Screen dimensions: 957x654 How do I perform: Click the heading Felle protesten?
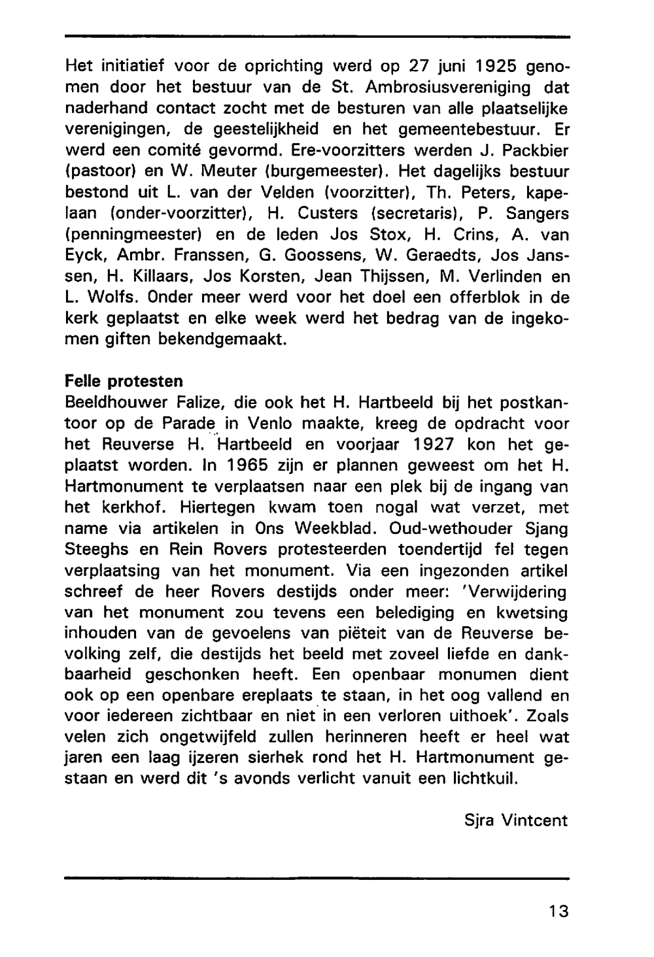124,380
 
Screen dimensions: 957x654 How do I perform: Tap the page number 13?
559,911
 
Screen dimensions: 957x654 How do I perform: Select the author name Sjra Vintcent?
516,820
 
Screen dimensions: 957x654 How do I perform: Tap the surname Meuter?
226,172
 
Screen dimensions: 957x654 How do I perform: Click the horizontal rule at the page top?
317,37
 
